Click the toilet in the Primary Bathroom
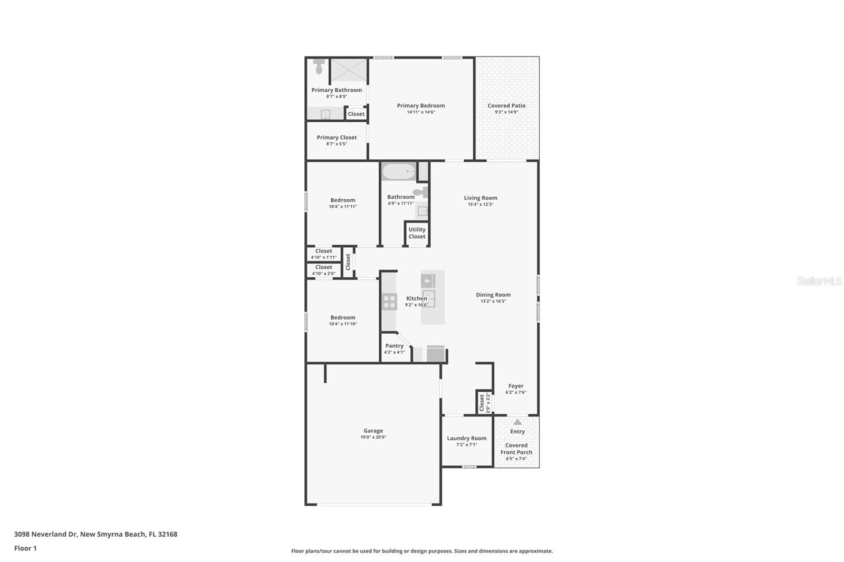[319, 67]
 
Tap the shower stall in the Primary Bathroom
[349, 70]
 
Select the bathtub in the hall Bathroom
[399, 172]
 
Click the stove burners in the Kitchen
[389, 302]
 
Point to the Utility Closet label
[417, 233]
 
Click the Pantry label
[394, 346]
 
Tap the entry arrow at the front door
[517, 422]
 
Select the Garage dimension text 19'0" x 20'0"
[373, 437]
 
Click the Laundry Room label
[466, 438]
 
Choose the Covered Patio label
[506, 105]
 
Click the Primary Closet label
[337, 137]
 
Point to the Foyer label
[516, 386]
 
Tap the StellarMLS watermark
[819, 281]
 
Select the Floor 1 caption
[25, 548]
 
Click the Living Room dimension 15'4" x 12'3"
[480, 205]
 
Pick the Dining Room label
[493, 295]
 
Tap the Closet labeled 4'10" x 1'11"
[323, 254]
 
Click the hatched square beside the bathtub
[423, 171]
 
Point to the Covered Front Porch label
[516, 449]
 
